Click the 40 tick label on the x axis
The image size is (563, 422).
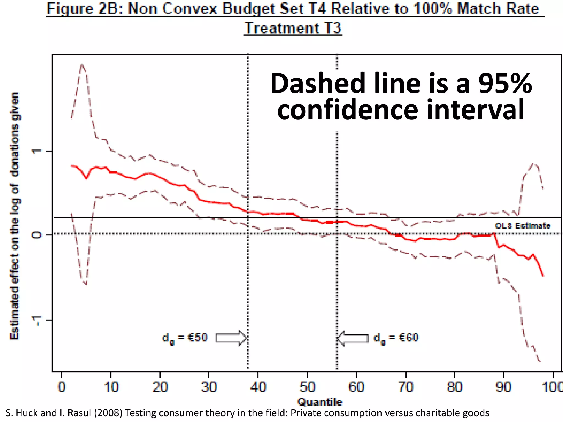pos(258,387)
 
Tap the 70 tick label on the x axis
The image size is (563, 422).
pos(406,387)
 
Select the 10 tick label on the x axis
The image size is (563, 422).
pos(111,387)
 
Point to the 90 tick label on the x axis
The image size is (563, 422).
pos(504,387)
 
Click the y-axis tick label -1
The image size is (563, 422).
pos(37,320)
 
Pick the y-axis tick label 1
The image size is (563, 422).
pos(37,151)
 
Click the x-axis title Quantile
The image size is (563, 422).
pos(320,402)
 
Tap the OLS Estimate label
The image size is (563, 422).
pos(523,226)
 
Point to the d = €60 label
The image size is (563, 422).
pos(396,338)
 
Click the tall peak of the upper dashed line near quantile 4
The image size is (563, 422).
pos(82,65)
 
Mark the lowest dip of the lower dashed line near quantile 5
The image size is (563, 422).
pos(86,284)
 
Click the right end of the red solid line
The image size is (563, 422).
pos(543,276)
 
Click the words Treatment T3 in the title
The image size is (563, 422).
pos(293,28)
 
